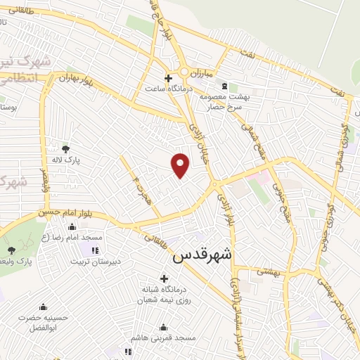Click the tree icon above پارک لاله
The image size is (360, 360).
tap(66, 149)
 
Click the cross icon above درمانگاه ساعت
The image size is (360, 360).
tap(167, 78)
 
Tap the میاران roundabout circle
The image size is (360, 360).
tap(184, 72)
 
